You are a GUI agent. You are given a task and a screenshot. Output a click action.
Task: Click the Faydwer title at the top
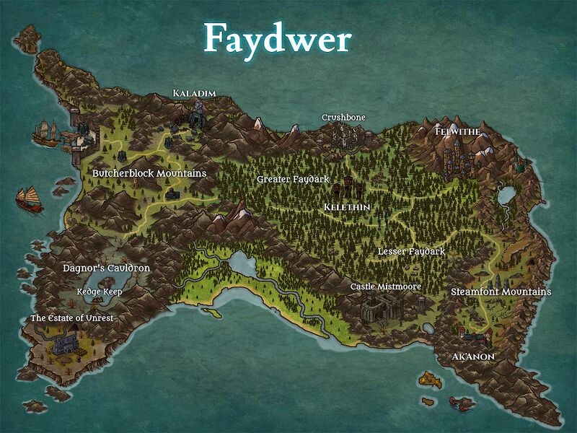(277, 38)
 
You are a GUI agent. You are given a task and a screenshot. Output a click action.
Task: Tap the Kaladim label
(194, 93)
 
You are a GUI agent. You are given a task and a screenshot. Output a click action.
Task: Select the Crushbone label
(343, 118)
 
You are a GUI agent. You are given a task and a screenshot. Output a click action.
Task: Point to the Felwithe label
(458, 132)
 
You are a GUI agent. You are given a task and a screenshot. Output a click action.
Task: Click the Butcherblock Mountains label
(149, 173)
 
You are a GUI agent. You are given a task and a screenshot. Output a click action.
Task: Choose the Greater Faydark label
(293, 178)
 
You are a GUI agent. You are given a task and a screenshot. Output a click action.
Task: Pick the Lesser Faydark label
(411, 252)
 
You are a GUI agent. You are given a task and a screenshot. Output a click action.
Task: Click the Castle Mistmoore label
(386, 287)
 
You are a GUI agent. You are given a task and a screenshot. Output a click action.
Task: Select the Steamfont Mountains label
(501, 292)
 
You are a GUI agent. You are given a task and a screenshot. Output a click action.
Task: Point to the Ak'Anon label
(473, 357)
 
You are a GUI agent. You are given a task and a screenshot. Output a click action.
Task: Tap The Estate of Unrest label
(71, 318)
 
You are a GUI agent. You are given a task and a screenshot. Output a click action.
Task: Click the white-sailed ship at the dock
(47, 133)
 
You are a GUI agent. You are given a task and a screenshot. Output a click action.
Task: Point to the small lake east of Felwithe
(505, 194)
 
